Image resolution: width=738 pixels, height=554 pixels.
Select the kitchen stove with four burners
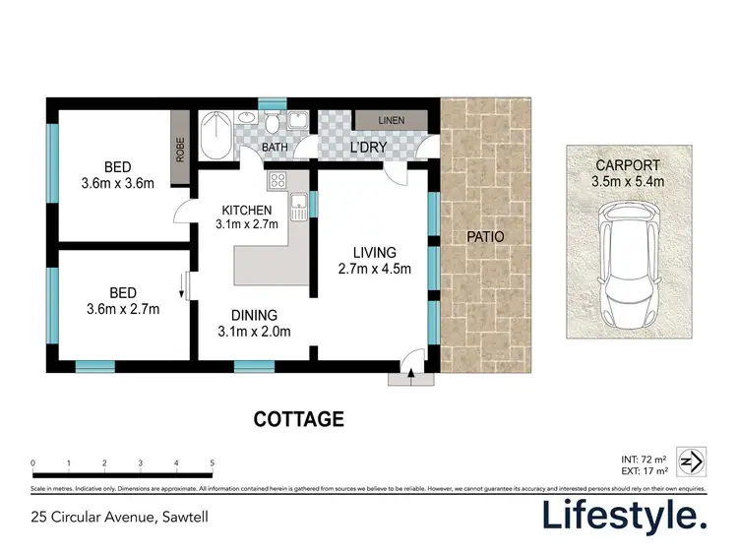pos(277,181)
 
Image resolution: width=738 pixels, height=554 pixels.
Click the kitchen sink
pos(299,206)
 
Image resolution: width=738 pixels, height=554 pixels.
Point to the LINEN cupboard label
pos(392,121)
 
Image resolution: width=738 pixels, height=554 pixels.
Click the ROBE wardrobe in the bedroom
pos(180,148)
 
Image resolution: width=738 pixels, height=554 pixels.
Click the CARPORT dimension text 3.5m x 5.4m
pos(627,182)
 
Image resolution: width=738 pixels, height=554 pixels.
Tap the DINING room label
pos(253,314)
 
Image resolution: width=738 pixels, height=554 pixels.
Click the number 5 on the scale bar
pos(213,462)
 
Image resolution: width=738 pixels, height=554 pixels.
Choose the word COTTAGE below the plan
pos(299,420)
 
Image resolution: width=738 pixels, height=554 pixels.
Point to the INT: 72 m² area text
pos(645,460)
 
